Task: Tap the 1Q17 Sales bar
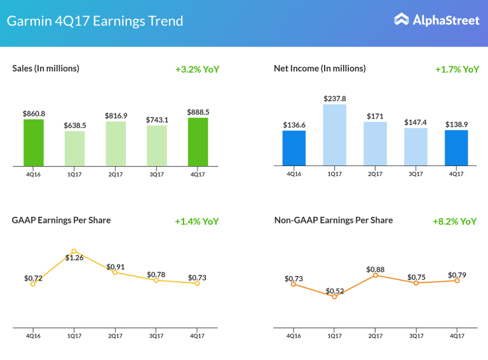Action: tap(74, 149)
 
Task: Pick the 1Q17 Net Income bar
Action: tap(334, 135)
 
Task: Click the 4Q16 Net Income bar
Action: tap(294, 148)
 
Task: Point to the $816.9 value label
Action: tap(116, 116)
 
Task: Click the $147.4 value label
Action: tap(416, 121)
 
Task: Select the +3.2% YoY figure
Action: tap(197, 69)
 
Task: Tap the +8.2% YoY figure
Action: tap(454, 221)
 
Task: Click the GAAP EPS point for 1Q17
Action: tap(74, 251)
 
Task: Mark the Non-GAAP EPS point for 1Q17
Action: tap(334, 296)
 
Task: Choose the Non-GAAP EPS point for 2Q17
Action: tap(375, 275)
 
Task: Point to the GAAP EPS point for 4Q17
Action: tap(198, 283)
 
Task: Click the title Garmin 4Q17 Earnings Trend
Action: tap(95, 20)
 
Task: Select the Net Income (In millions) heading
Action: tap(320, 68)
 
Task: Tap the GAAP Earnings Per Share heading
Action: tap(61, 220)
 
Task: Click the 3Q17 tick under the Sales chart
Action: tap(156, 174)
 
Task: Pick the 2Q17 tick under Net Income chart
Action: tap(375, 174)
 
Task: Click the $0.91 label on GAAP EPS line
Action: tap(116, 267)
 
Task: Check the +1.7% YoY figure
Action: tap(457, 69)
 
